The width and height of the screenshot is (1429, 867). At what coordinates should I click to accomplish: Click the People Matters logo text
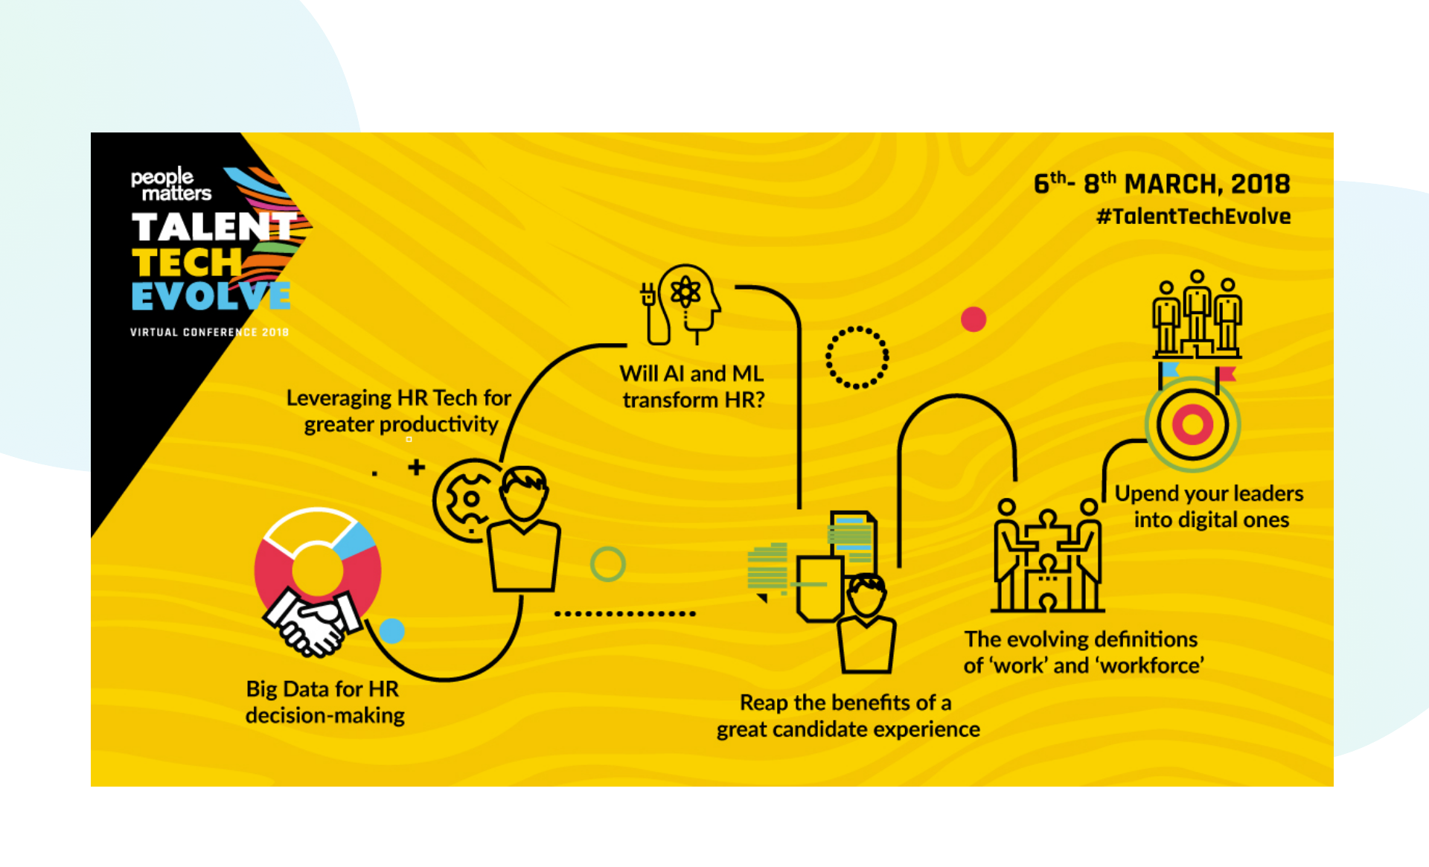click(170, 185)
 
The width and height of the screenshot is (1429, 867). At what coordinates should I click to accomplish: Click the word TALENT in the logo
click(214, 226)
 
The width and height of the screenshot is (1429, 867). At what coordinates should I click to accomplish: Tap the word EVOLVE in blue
click(211, 296)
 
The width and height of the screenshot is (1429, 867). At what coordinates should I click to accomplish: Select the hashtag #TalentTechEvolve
click(1193, 217)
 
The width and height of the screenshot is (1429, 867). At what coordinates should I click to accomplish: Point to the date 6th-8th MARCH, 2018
click(1161, 183)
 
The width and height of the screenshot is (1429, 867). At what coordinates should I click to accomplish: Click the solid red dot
click(973, 319)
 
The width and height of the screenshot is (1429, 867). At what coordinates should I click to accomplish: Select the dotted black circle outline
click(857, 357)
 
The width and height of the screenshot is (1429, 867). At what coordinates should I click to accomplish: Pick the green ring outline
click(607, 564)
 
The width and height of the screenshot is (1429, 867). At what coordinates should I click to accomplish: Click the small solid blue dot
click(391, 631)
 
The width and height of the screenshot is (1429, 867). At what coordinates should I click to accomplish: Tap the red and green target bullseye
click(1192, 424)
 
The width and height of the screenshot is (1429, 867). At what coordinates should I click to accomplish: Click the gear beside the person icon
click(467, 499)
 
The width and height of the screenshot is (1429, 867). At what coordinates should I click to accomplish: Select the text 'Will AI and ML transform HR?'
click(692, 386)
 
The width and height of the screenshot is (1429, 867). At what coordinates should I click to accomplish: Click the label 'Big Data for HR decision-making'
click(325, 702)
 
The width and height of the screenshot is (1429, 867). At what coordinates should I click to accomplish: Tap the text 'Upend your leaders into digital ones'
click(1209, 506)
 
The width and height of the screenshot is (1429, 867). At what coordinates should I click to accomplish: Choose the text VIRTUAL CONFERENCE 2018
click(209, 332)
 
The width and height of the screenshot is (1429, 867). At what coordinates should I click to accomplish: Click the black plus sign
click(416, 467)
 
